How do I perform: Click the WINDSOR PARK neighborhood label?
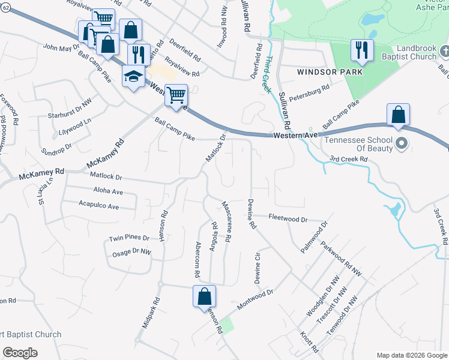click(330, 71)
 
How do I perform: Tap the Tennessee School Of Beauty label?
click(359, 143)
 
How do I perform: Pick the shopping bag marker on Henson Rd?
click(204, 296)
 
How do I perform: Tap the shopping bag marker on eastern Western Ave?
click(399, 114)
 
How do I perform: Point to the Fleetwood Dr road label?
click(288, 218)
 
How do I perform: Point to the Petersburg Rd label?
click(309, 92)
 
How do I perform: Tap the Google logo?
click(20, 353)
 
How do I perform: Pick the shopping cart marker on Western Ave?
click(176, 95)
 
